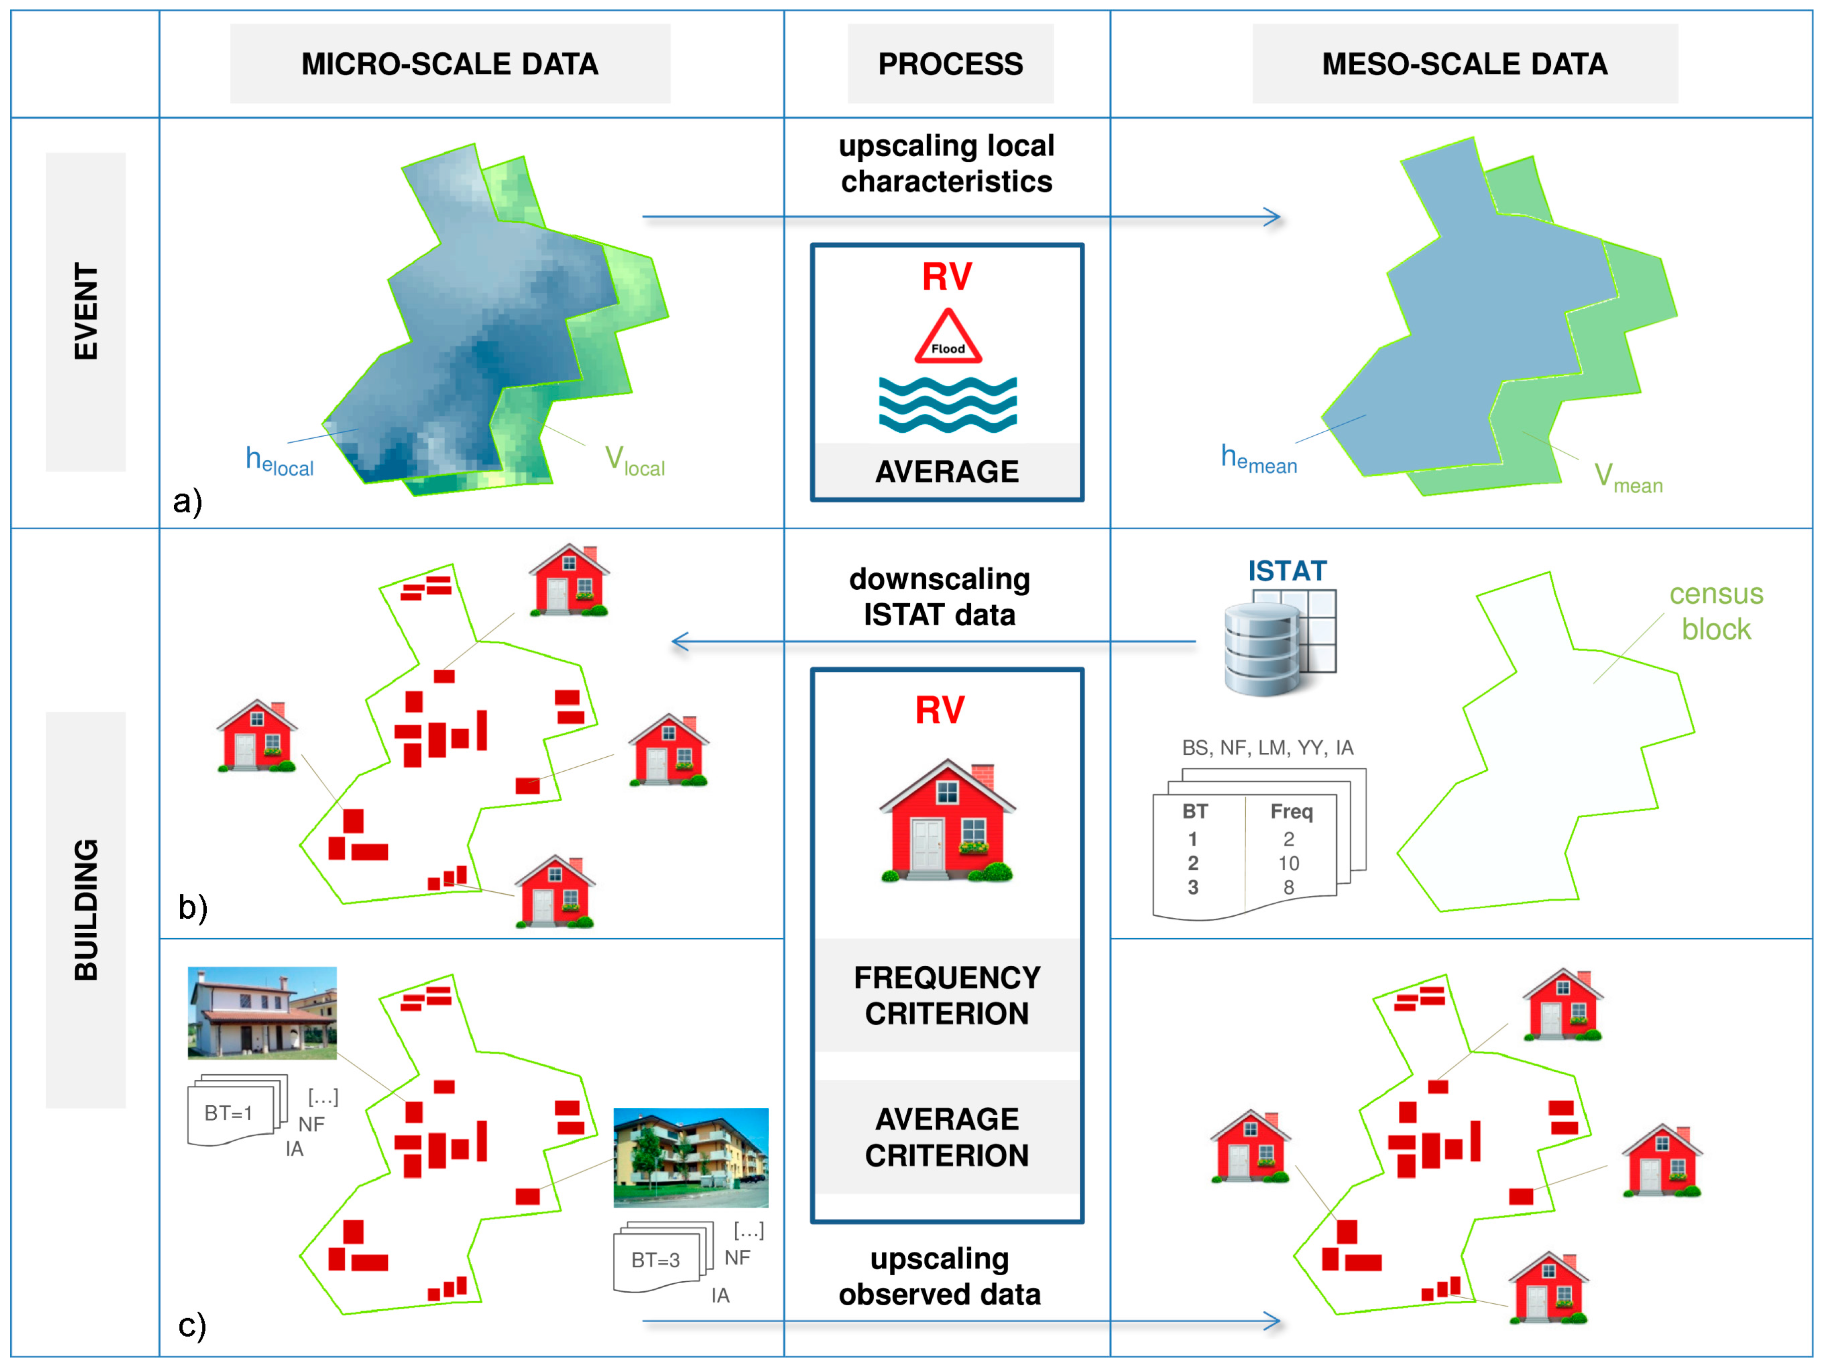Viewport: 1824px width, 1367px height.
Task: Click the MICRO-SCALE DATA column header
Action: click(450, 63)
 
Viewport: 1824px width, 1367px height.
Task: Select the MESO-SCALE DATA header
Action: click(1465, 63)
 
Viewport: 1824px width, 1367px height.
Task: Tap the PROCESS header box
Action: click(950, 63)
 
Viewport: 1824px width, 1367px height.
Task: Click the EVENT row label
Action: click(86, 312)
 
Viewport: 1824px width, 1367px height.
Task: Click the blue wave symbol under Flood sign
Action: click(948, 404)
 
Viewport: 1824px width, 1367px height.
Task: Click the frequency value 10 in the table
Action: click(1288, 863)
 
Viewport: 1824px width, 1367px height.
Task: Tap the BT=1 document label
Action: click(228, 1113)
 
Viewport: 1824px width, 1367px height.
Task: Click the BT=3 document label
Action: click(656, 1260)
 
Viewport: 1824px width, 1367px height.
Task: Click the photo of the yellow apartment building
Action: click(690, 1158)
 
